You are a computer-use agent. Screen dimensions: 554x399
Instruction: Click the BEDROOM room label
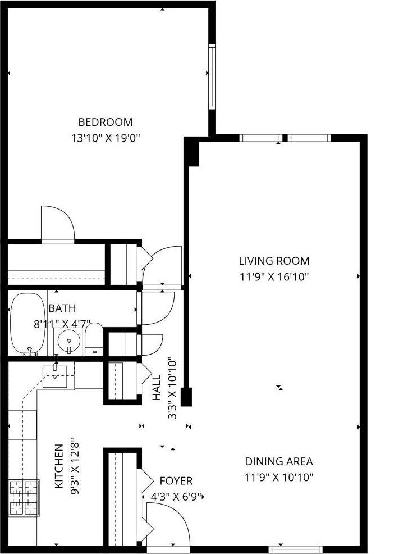pyautogui.click(x=105, y=122)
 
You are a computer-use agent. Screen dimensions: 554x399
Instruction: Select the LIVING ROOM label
pyautogui.click(x=274, y=261)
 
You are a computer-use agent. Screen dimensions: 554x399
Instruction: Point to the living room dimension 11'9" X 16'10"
pyautogui.click(x=274, y=276)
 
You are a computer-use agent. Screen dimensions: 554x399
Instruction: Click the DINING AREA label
pyautogui.click(x=278, y=462)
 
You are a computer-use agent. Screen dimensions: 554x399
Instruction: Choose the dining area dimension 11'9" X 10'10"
pyautogui.click(x=278, y=478)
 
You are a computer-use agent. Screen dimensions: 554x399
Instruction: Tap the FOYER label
pyautogui.click(x=176, y=481)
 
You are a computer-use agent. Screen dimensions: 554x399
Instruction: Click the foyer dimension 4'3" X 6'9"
pyautogui.click(x=176, y=497)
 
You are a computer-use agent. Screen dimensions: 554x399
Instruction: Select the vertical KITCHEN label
pyautogui.click(x=58, y=466)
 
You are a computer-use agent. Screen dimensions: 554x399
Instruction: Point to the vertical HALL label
pyautogui.click(x=157, y=388)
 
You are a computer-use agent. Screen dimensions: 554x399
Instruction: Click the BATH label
pyautogui.click(x=62, y=308)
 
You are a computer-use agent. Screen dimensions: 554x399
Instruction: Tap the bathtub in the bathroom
pyautogui.click(x=27, y=324)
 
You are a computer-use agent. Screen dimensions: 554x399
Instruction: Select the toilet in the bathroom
pyautogui.click(x=94, y=340)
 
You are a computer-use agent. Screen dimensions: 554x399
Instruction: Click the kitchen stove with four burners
pyautogui.click(x=24, y=498)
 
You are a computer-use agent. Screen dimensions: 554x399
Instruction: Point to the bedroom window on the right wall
pyautogui.click(x=212, y=76)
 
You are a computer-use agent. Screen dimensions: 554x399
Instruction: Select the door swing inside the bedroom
pyautogui.click(x=57, y=223)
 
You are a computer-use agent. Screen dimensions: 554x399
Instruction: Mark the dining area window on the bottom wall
pyautogui.click(x=295, y=548)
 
